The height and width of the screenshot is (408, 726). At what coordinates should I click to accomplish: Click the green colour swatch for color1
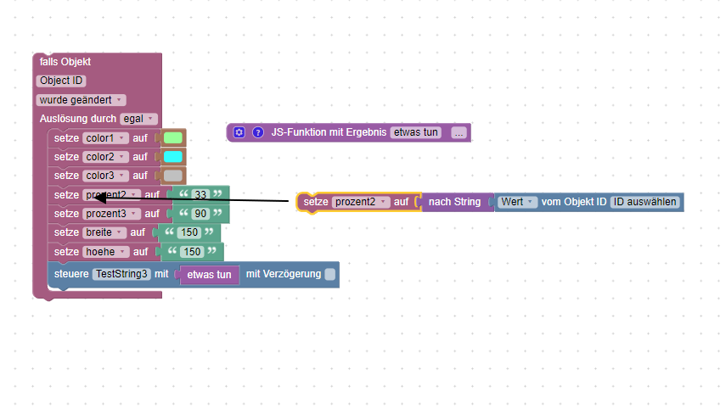(x=173, y=137)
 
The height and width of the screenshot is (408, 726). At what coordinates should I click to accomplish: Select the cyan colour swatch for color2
(x=173, y=157)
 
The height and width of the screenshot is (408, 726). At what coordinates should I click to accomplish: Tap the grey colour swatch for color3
(x=173, y=176)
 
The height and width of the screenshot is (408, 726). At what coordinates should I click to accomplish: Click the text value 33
(x=200, y=195)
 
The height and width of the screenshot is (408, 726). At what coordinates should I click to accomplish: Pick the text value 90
(x=200, y=214)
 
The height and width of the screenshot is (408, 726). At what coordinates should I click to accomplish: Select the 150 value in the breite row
(x=192, y=232)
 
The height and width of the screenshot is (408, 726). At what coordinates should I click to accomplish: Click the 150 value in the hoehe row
(x=193, y=252)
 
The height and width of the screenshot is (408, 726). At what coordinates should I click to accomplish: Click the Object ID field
(x=61, y=81)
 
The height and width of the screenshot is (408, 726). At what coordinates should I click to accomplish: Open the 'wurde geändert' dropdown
(x=82, y=100)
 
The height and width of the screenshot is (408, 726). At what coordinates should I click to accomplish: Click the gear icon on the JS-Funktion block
(x=239, y=132)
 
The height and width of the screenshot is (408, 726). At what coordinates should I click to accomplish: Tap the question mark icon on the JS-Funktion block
(x=258, y=132)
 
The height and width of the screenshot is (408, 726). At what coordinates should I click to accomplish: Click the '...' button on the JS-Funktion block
(x=459, y=132)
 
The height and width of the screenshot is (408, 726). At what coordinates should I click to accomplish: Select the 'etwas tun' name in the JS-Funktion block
(x=416, y=132)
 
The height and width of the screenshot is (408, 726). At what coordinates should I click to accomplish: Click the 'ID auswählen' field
(x=645, y=202)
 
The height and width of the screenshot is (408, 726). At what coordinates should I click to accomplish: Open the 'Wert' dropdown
(x=518, y=202)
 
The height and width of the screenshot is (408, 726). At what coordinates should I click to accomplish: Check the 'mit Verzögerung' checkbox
(x=330, y=274)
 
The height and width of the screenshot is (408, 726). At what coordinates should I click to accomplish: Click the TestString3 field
(x=121, y=274)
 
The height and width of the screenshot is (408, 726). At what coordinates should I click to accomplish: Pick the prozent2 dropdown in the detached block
(x=360, y=202)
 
